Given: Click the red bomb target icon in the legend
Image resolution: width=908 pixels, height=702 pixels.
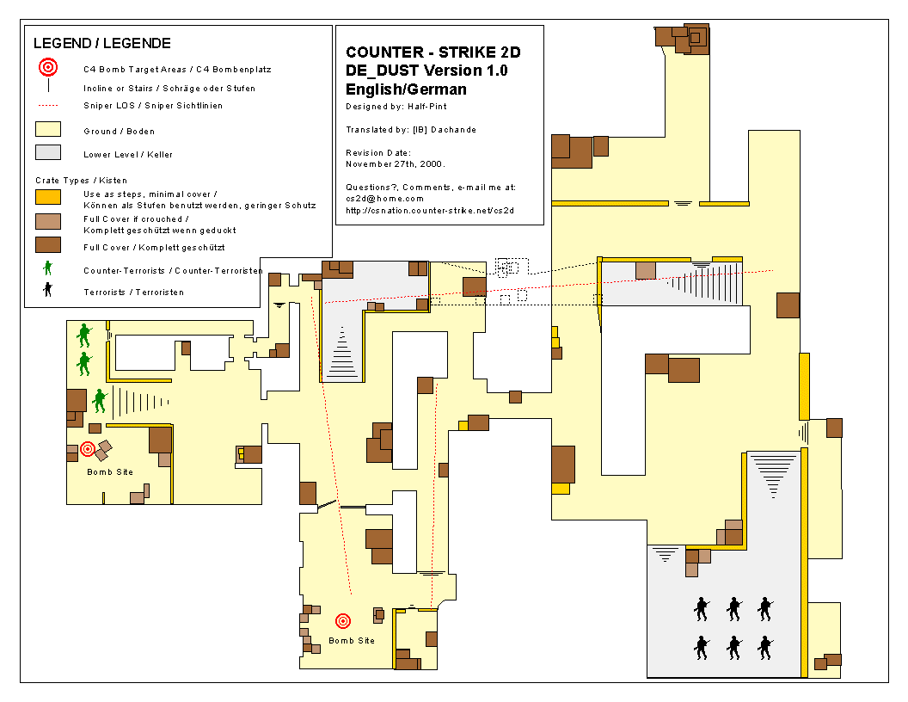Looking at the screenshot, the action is tap(48, 68).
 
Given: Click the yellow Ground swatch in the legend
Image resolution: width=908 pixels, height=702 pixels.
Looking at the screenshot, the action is tap(48, 129).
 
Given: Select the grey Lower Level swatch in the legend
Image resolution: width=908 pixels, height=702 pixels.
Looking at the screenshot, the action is tap(48, 152).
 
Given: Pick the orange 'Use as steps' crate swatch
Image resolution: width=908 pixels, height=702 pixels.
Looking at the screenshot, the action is tap(48, 197).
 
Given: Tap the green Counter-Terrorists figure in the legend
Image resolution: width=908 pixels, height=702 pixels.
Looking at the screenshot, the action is tap(48, 268).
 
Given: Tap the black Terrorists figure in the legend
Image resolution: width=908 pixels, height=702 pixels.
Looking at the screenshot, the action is tap(48, 289).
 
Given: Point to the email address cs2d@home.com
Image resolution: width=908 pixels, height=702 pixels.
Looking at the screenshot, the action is tap(384, 199).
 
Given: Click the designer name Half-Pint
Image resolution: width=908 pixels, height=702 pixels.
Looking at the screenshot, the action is tap(427, 107).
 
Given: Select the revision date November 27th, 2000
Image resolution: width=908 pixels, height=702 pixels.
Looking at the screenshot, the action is tap(395, 164).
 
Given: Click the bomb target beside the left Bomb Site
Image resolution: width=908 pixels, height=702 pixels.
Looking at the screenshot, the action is tap(88, 448).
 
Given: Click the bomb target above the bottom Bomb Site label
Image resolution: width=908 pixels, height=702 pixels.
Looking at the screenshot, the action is tap(343, 621).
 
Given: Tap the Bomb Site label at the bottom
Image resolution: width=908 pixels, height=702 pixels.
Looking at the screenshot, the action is tap(352, 641).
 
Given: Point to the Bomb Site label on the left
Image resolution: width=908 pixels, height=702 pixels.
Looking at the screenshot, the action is tap(110, 472).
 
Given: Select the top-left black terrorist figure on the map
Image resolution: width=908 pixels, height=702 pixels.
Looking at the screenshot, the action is tap(702, 609).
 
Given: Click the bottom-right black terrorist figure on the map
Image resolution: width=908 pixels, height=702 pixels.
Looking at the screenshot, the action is tap(765, 648).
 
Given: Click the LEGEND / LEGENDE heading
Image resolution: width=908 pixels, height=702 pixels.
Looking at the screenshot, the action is tap(102, 43).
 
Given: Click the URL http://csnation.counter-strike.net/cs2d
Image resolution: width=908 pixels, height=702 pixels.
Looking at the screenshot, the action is tap(430, 210).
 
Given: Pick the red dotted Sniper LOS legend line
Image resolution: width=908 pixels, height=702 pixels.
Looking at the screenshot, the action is tap(48, 106).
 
